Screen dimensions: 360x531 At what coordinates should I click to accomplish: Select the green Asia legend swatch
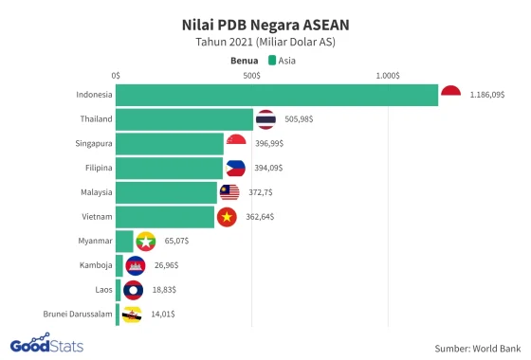(x=272, y=59)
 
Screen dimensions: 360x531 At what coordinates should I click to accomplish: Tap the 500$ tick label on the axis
(x=251, y=75)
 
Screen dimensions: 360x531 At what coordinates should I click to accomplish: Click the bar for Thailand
(x=184, y=119)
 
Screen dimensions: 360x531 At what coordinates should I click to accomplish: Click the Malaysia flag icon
(x=229, y=192)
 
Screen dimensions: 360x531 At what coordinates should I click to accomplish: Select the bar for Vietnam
(x=165, y=217)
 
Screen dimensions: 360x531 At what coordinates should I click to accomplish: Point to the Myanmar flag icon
(x=145, y=241)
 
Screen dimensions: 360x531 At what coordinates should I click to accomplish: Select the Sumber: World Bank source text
(x=478, y=348)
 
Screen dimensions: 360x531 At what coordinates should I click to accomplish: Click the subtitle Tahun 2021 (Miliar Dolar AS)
(x=265, y=42)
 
